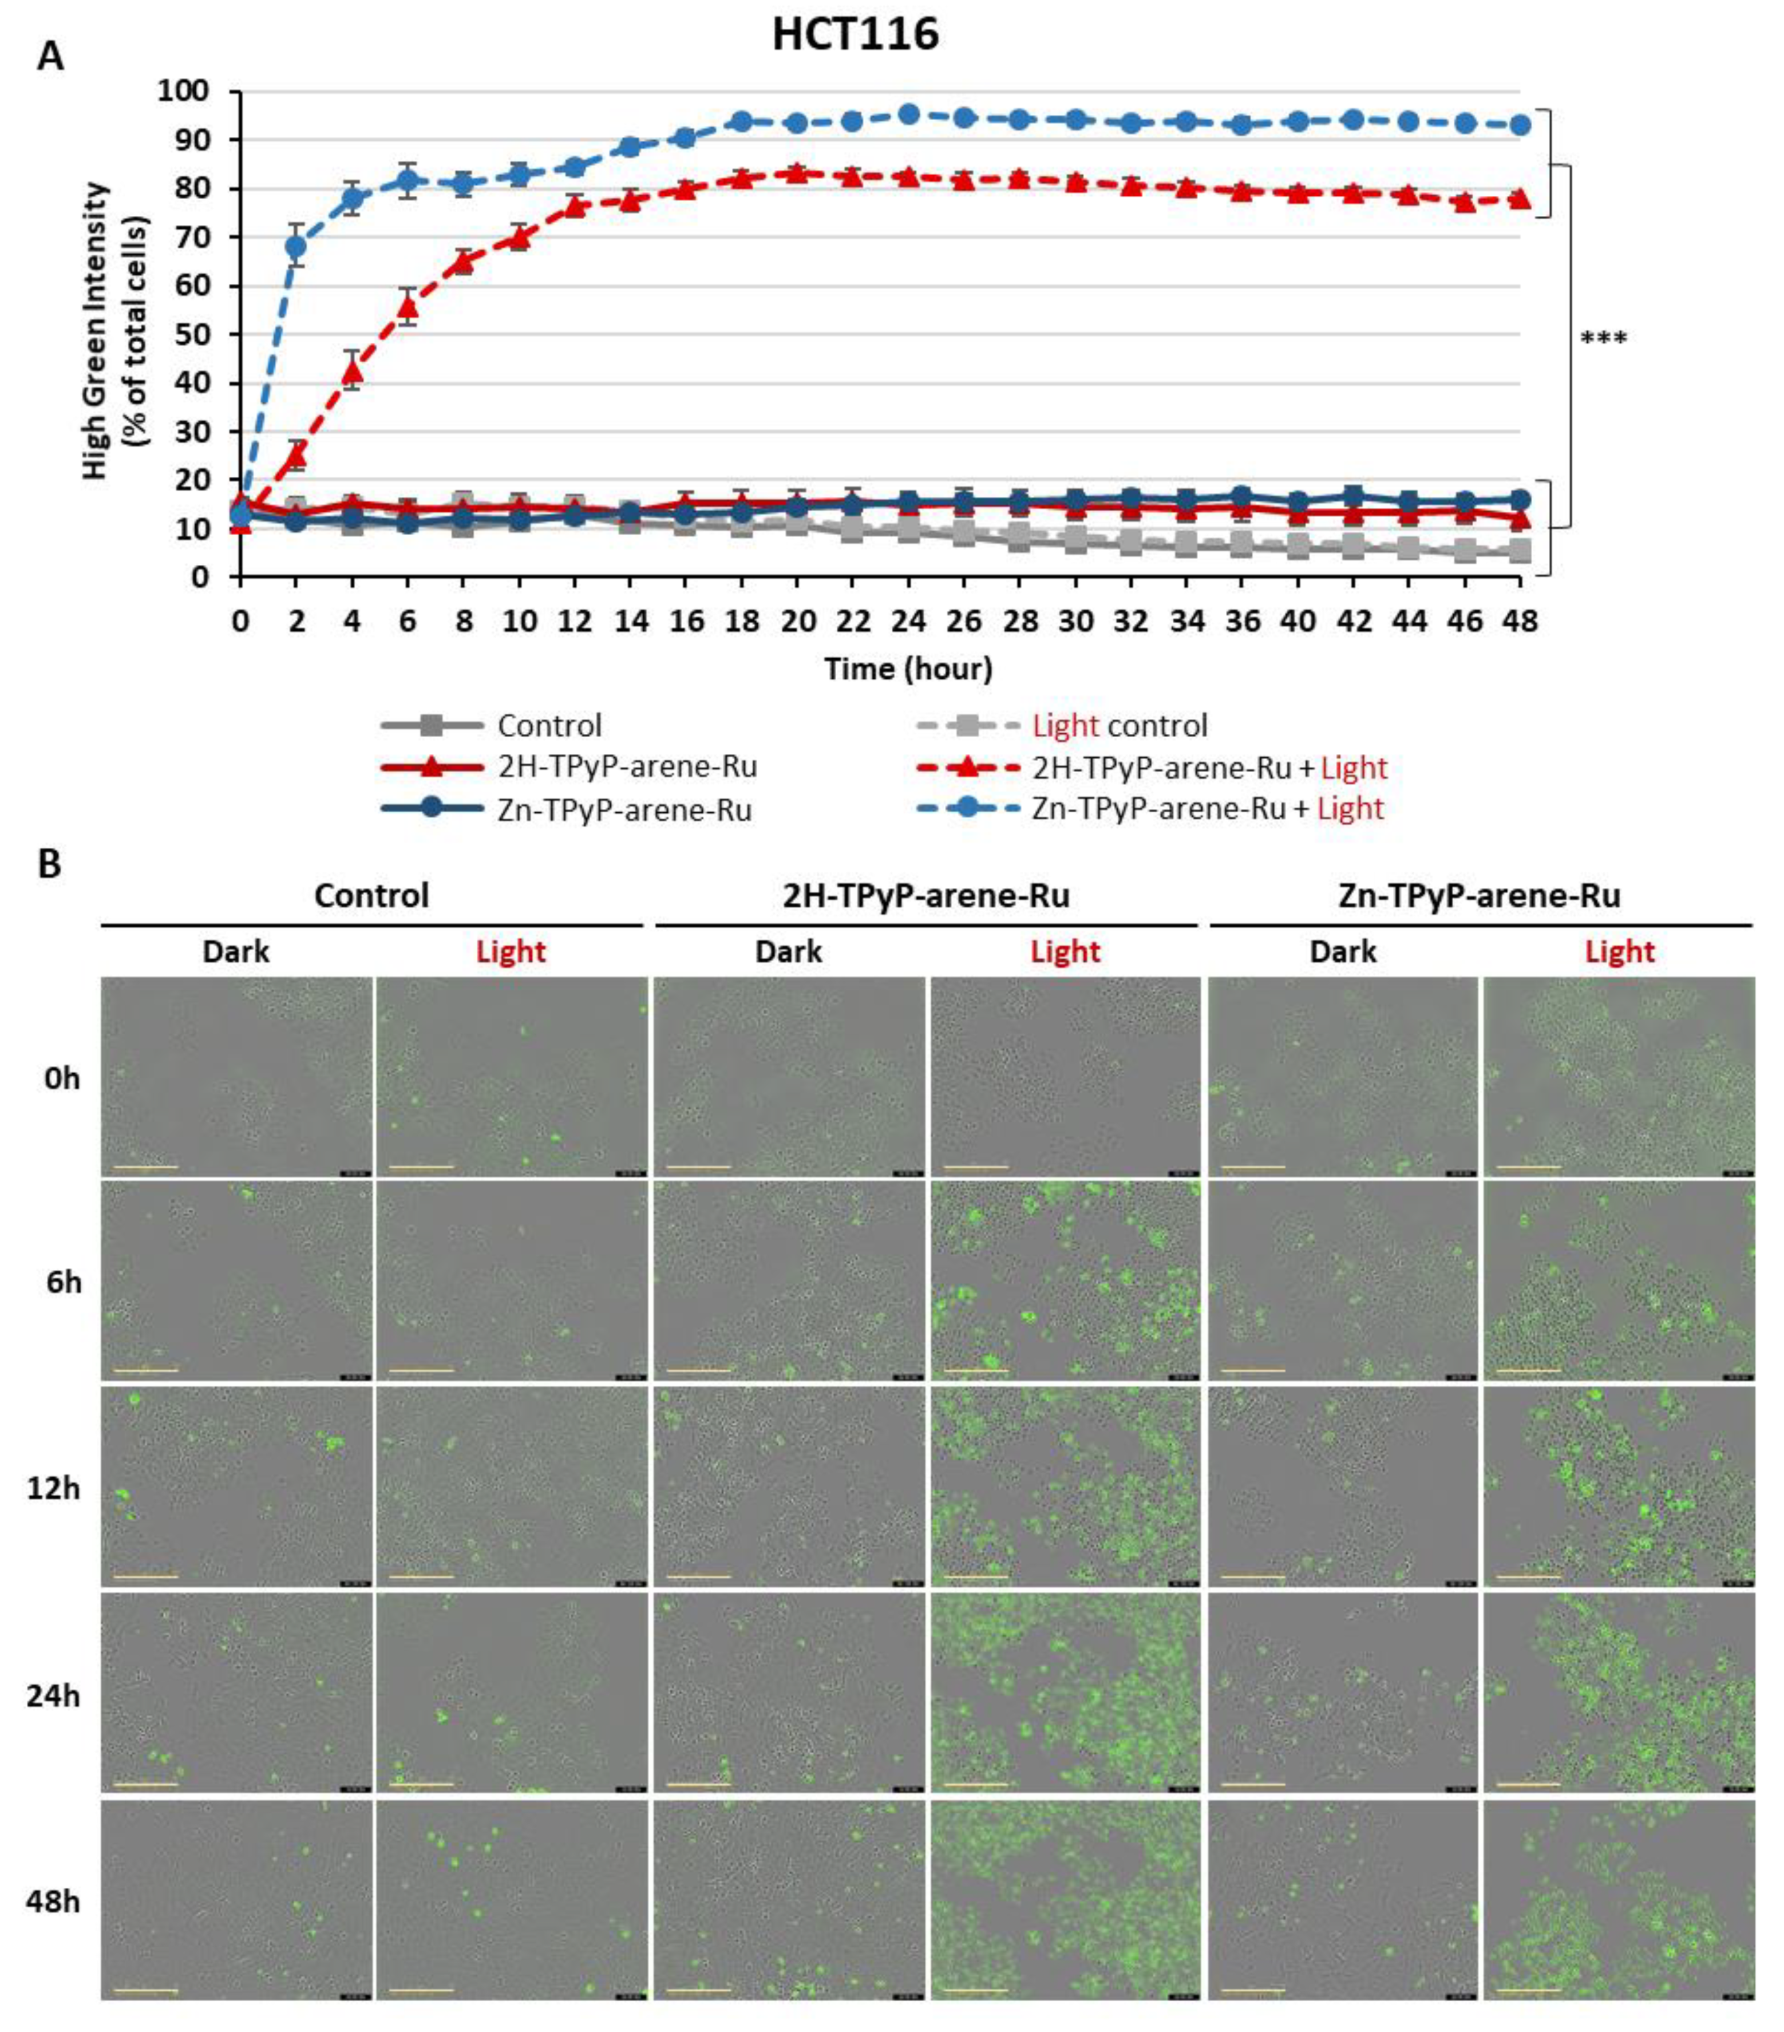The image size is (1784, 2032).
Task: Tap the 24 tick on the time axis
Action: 908,621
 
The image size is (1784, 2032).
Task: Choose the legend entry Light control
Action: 1119,726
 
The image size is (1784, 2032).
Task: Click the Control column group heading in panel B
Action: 371,896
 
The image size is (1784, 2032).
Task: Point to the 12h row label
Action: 53,1488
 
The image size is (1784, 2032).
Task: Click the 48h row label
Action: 53,1901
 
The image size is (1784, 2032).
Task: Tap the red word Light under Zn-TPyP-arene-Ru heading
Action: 1619,951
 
